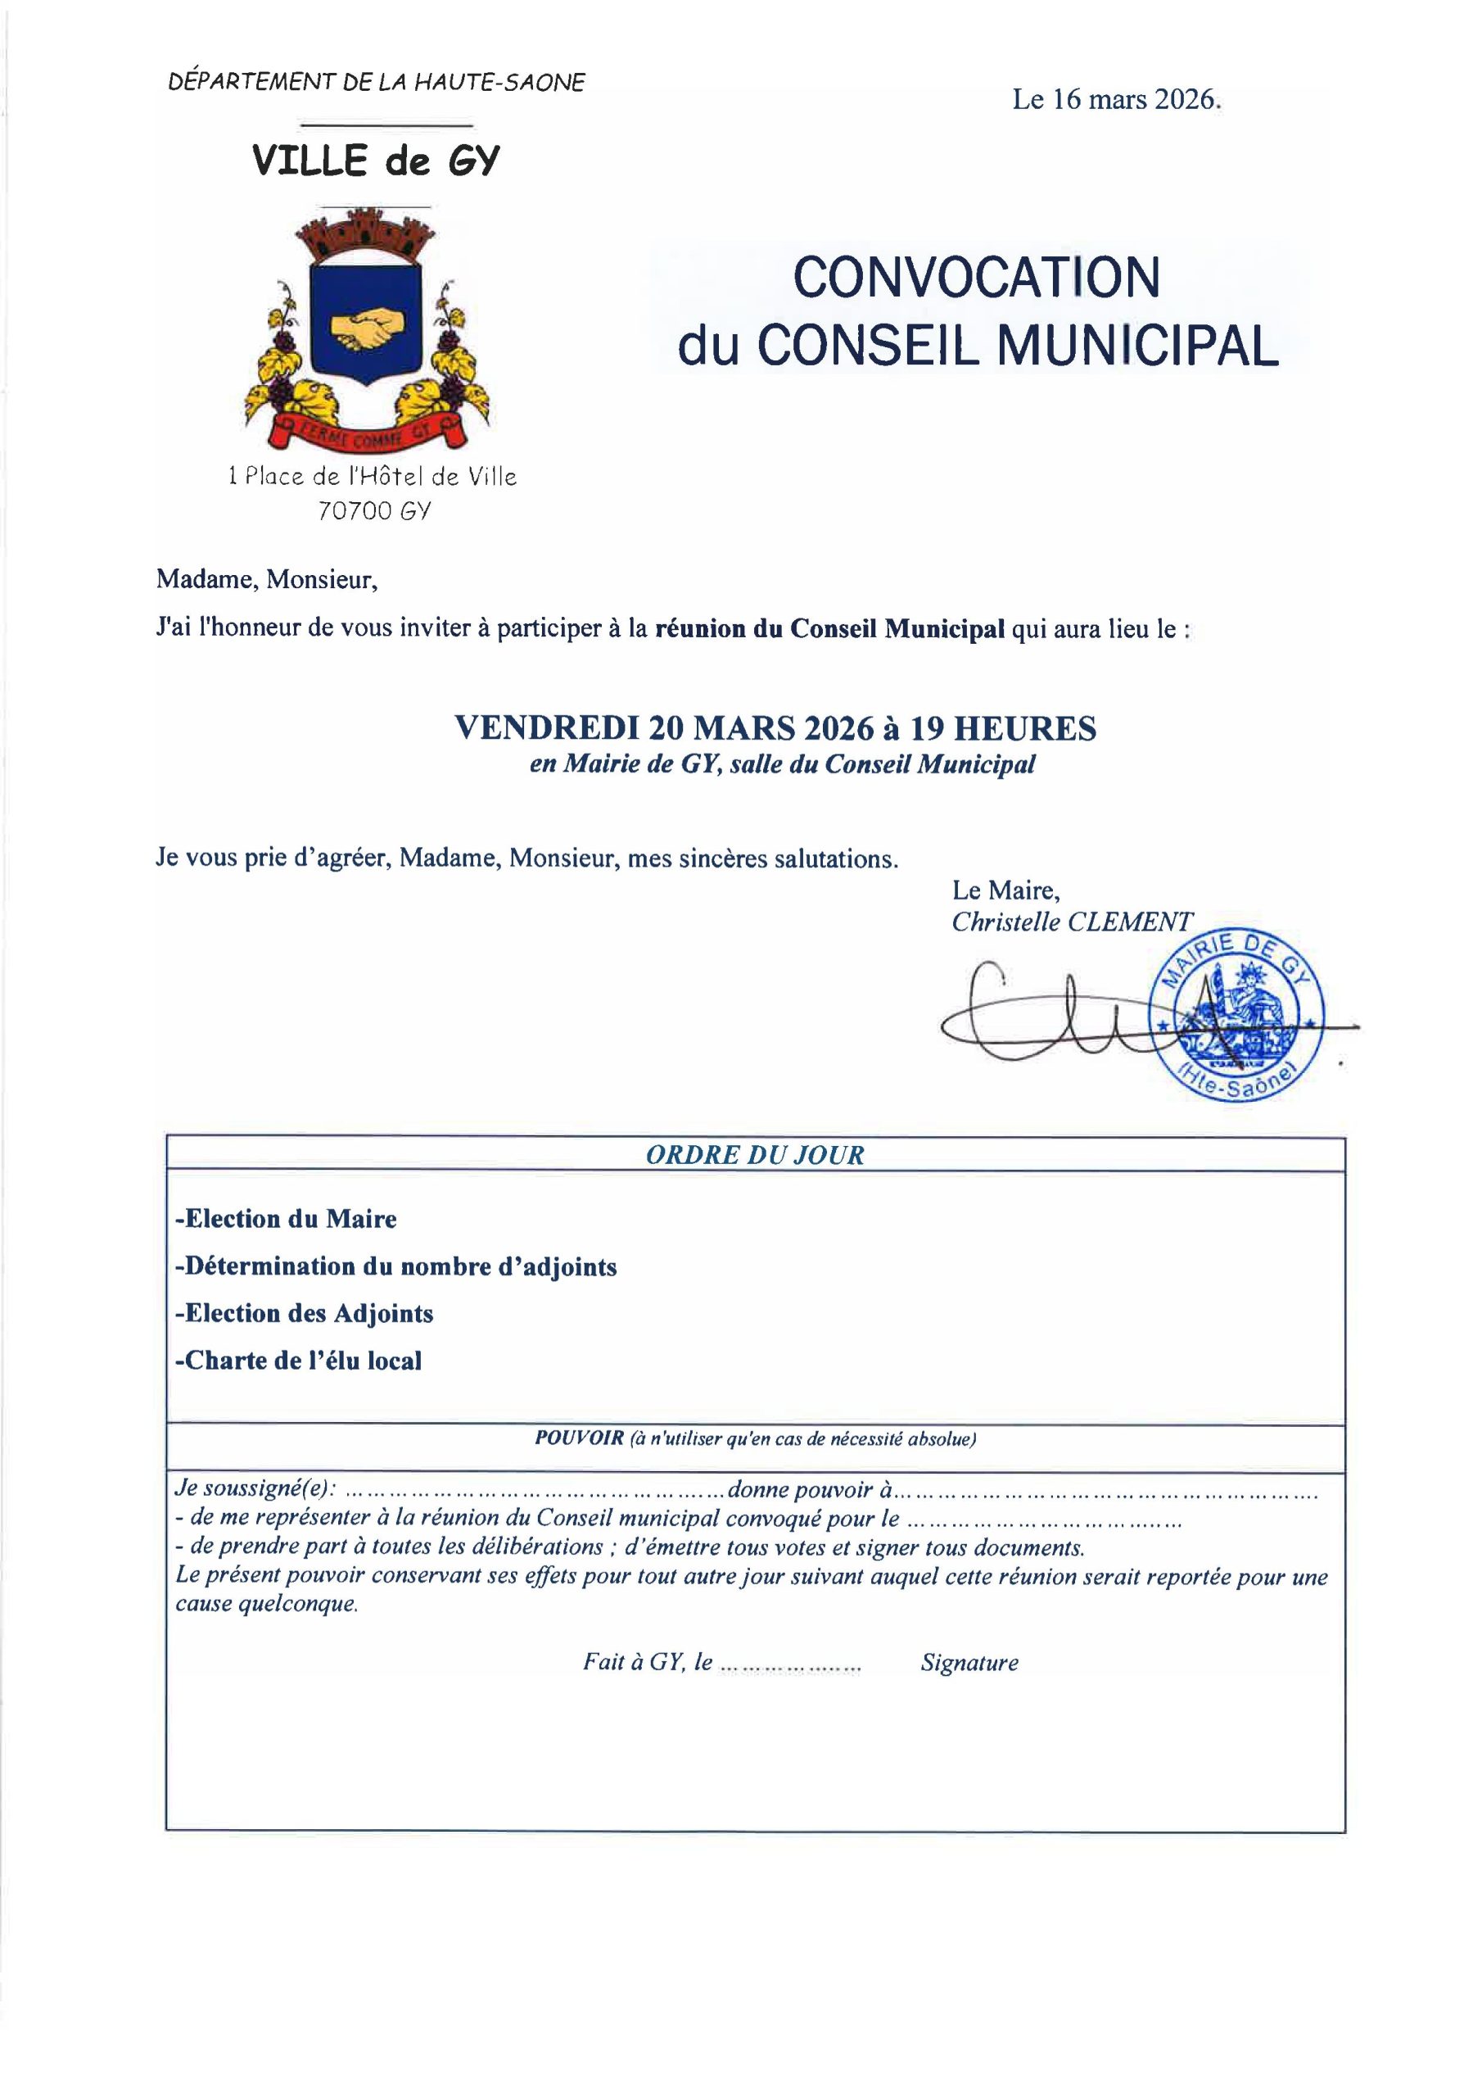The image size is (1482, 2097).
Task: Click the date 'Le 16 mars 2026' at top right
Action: pos(1116,100)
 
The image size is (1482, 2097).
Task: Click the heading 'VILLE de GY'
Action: pos(376,161)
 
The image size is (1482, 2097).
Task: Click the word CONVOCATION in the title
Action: pos(976,278)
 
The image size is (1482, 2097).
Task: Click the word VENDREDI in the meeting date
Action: pos(544,728)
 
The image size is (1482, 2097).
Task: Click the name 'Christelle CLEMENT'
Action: pos(1071,922)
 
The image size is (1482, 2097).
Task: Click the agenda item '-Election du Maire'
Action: pos(286,1220)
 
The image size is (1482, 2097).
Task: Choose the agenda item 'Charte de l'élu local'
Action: pos(299,1361)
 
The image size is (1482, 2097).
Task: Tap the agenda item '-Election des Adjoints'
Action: pos(304,1313)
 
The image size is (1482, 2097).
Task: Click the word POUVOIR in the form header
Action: pos(579,1438)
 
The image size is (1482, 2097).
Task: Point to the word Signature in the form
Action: pos(969,1662)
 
